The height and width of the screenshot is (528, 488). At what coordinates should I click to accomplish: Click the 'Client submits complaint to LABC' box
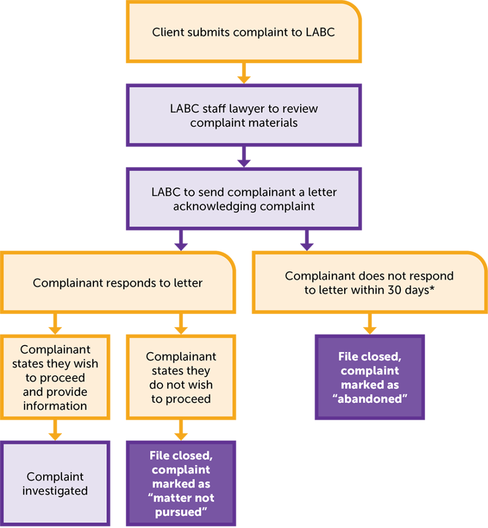tap(243, 32)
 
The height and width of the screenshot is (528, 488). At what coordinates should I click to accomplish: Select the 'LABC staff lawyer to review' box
tap(243, 115)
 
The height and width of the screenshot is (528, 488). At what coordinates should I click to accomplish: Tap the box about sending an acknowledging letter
tap(243, 199)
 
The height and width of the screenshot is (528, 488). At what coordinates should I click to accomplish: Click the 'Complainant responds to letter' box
tap(118, 283)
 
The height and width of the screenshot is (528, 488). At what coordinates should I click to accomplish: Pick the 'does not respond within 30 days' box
tap(369, 283)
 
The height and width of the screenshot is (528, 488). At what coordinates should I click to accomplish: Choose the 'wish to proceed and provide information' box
tap(55, 377)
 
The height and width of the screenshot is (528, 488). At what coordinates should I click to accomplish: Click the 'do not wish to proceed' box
tap(181, 377)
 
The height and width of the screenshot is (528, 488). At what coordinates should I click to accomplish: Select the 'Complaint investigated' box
tap(55, 484)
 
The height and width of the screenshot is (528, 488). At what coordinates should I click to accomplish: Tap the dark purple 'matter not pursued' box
tap(181, 484)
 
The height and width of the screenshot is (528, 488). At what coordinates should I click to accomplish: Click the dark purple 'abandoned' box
tap(369, 377)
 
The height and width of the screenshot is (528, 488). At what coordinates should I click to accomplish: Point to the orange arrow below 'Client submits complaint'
tap(243, 74)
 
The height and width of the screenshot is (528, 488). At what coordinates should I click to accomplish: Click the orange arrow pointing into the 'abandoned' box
tap(369, 324)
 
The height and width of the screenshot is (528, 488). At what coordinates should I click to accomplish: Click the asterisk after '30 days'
tap(431, 289)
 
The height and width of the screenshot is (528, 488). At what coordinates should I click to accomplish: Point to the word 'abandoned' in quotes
tap(369, 399)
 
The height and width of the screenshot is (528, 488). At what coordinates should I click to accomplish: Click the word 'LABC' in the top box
tap(320, 32)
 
